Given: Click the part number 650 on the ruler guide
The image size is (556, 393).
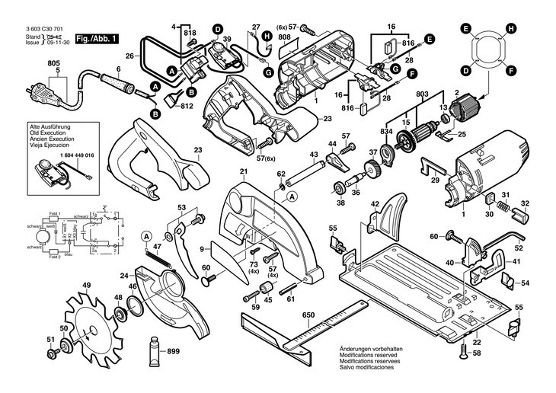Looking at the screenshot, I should click(308, 315).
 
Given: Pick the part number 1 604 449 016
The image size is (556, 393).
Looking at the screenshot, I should click(73, 155).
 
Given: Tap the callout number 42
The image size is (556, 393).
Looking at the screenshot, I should click(375, 205).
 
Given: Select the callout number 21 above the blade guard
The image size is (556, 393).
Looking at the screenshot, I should click(244, 171).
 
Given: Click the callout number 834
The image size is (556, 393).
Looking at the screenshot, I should click(387, 132).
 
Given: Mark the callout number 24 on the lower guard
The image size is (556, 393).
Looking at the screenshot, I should click(125, 275).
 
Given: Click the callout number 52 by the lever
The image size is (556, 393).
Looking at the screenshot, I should click(519, 247).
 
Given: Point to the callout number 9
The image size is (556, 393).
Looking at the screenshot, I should click(203, 248).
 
